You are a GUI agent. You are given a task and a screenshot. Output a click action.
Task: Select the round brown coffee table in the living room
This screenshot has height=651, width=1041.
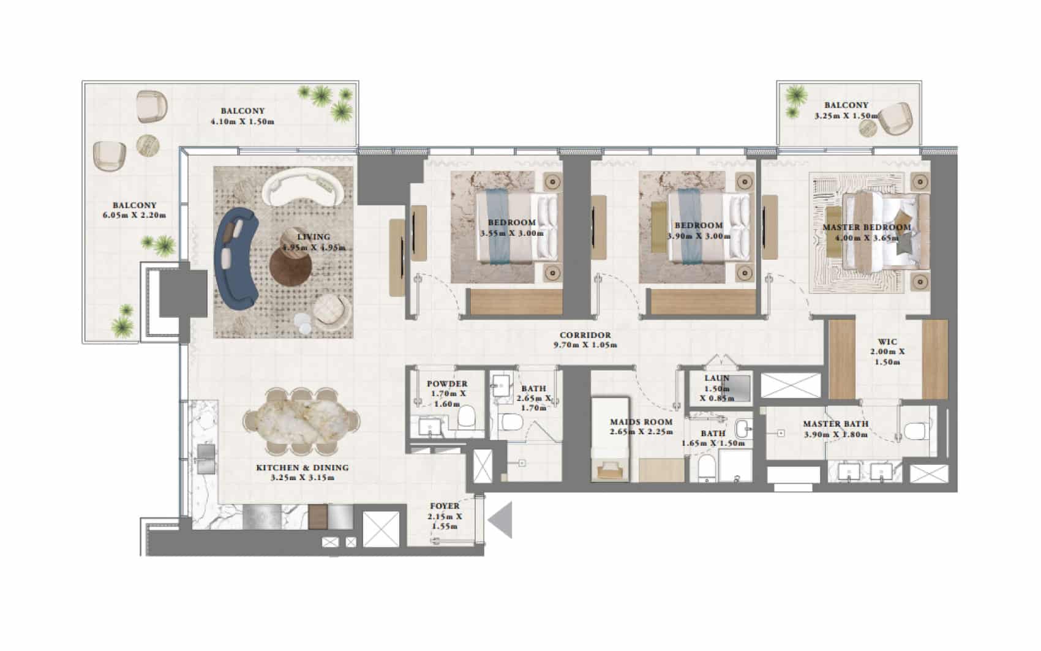[x=291, y=265]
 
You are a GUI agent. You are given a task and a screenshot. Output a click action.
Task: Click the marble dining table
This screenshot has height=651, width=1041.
[x=302, y=421]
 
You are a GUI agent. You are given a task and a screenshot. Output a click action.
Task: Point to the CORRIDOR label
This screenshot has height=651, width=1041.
[x=585, y=335]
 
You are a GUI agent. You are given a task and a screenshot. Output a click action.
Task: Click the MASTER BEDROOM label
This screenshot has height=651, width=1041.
[x=866, y=227]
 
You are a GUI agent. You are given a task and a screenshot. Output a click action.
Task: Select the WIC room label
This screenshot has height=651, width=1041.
[x=887, y=342]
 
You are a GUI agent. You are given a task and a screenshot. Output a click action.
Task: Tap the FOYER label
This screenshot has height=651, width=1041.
[x=445, y=506]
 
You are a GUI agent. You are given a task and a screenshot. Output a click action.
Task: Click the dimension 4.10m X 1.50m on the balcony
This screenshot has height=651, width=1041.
[x=242, y=122]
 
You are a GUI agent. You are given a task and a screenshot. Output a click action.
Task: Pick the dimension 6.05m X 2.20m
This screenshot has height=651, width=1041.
[x=134, y=215]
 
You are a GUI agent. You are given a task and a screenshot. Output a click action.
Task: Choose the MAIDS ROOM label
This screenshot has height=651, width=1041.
[x=641, y=422]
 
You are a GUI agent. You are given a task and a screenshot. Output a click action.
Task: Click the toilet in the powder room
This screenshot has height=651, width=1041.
[x=465, y=416]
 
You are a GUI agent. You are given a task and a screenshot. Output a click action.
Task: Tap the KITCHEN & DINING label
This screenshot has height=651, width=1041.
[x=302, y=468]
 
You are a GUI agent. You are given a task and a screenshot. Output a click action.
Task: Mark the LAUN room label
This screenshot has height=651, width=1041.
[x=717, y=378]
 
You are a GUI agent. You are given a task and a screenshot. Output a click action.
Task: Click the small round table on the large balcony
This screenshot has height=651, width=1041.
[x=148, y=146]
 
